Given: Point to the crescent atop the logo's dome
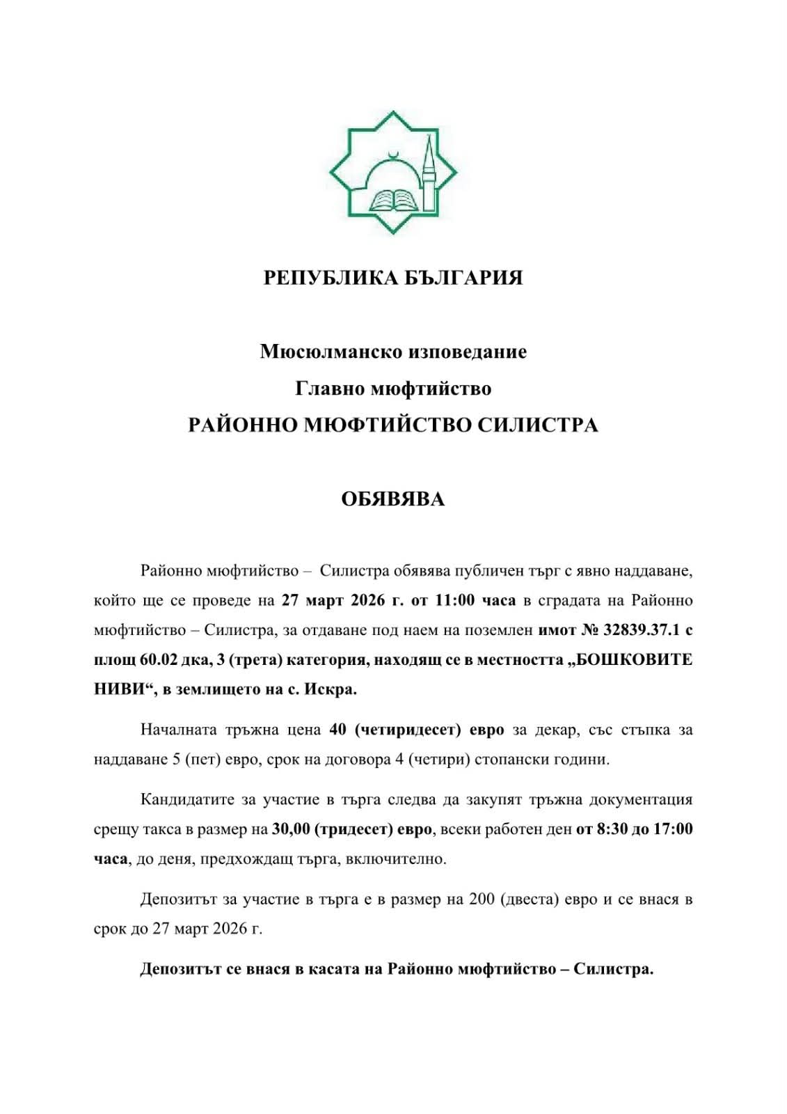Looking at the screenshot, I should (x=394, y=153).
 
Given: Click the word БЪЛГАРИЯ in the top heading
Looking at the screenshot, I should (x=464, y=278).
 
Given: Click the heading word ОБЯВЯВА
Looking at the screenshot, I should (x=393, y=499).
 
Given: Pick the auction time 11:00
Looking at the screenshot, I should (x=456, y=601).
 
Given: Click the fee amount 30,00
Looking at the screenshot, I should (x=291, y=830).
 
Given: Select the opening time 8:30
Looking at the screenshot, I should (x=610, y=830).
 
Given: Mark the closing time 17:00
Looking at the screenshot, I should (x=673, y=830).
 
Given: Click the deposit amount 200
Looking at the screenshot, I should (x=482, y=900).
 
